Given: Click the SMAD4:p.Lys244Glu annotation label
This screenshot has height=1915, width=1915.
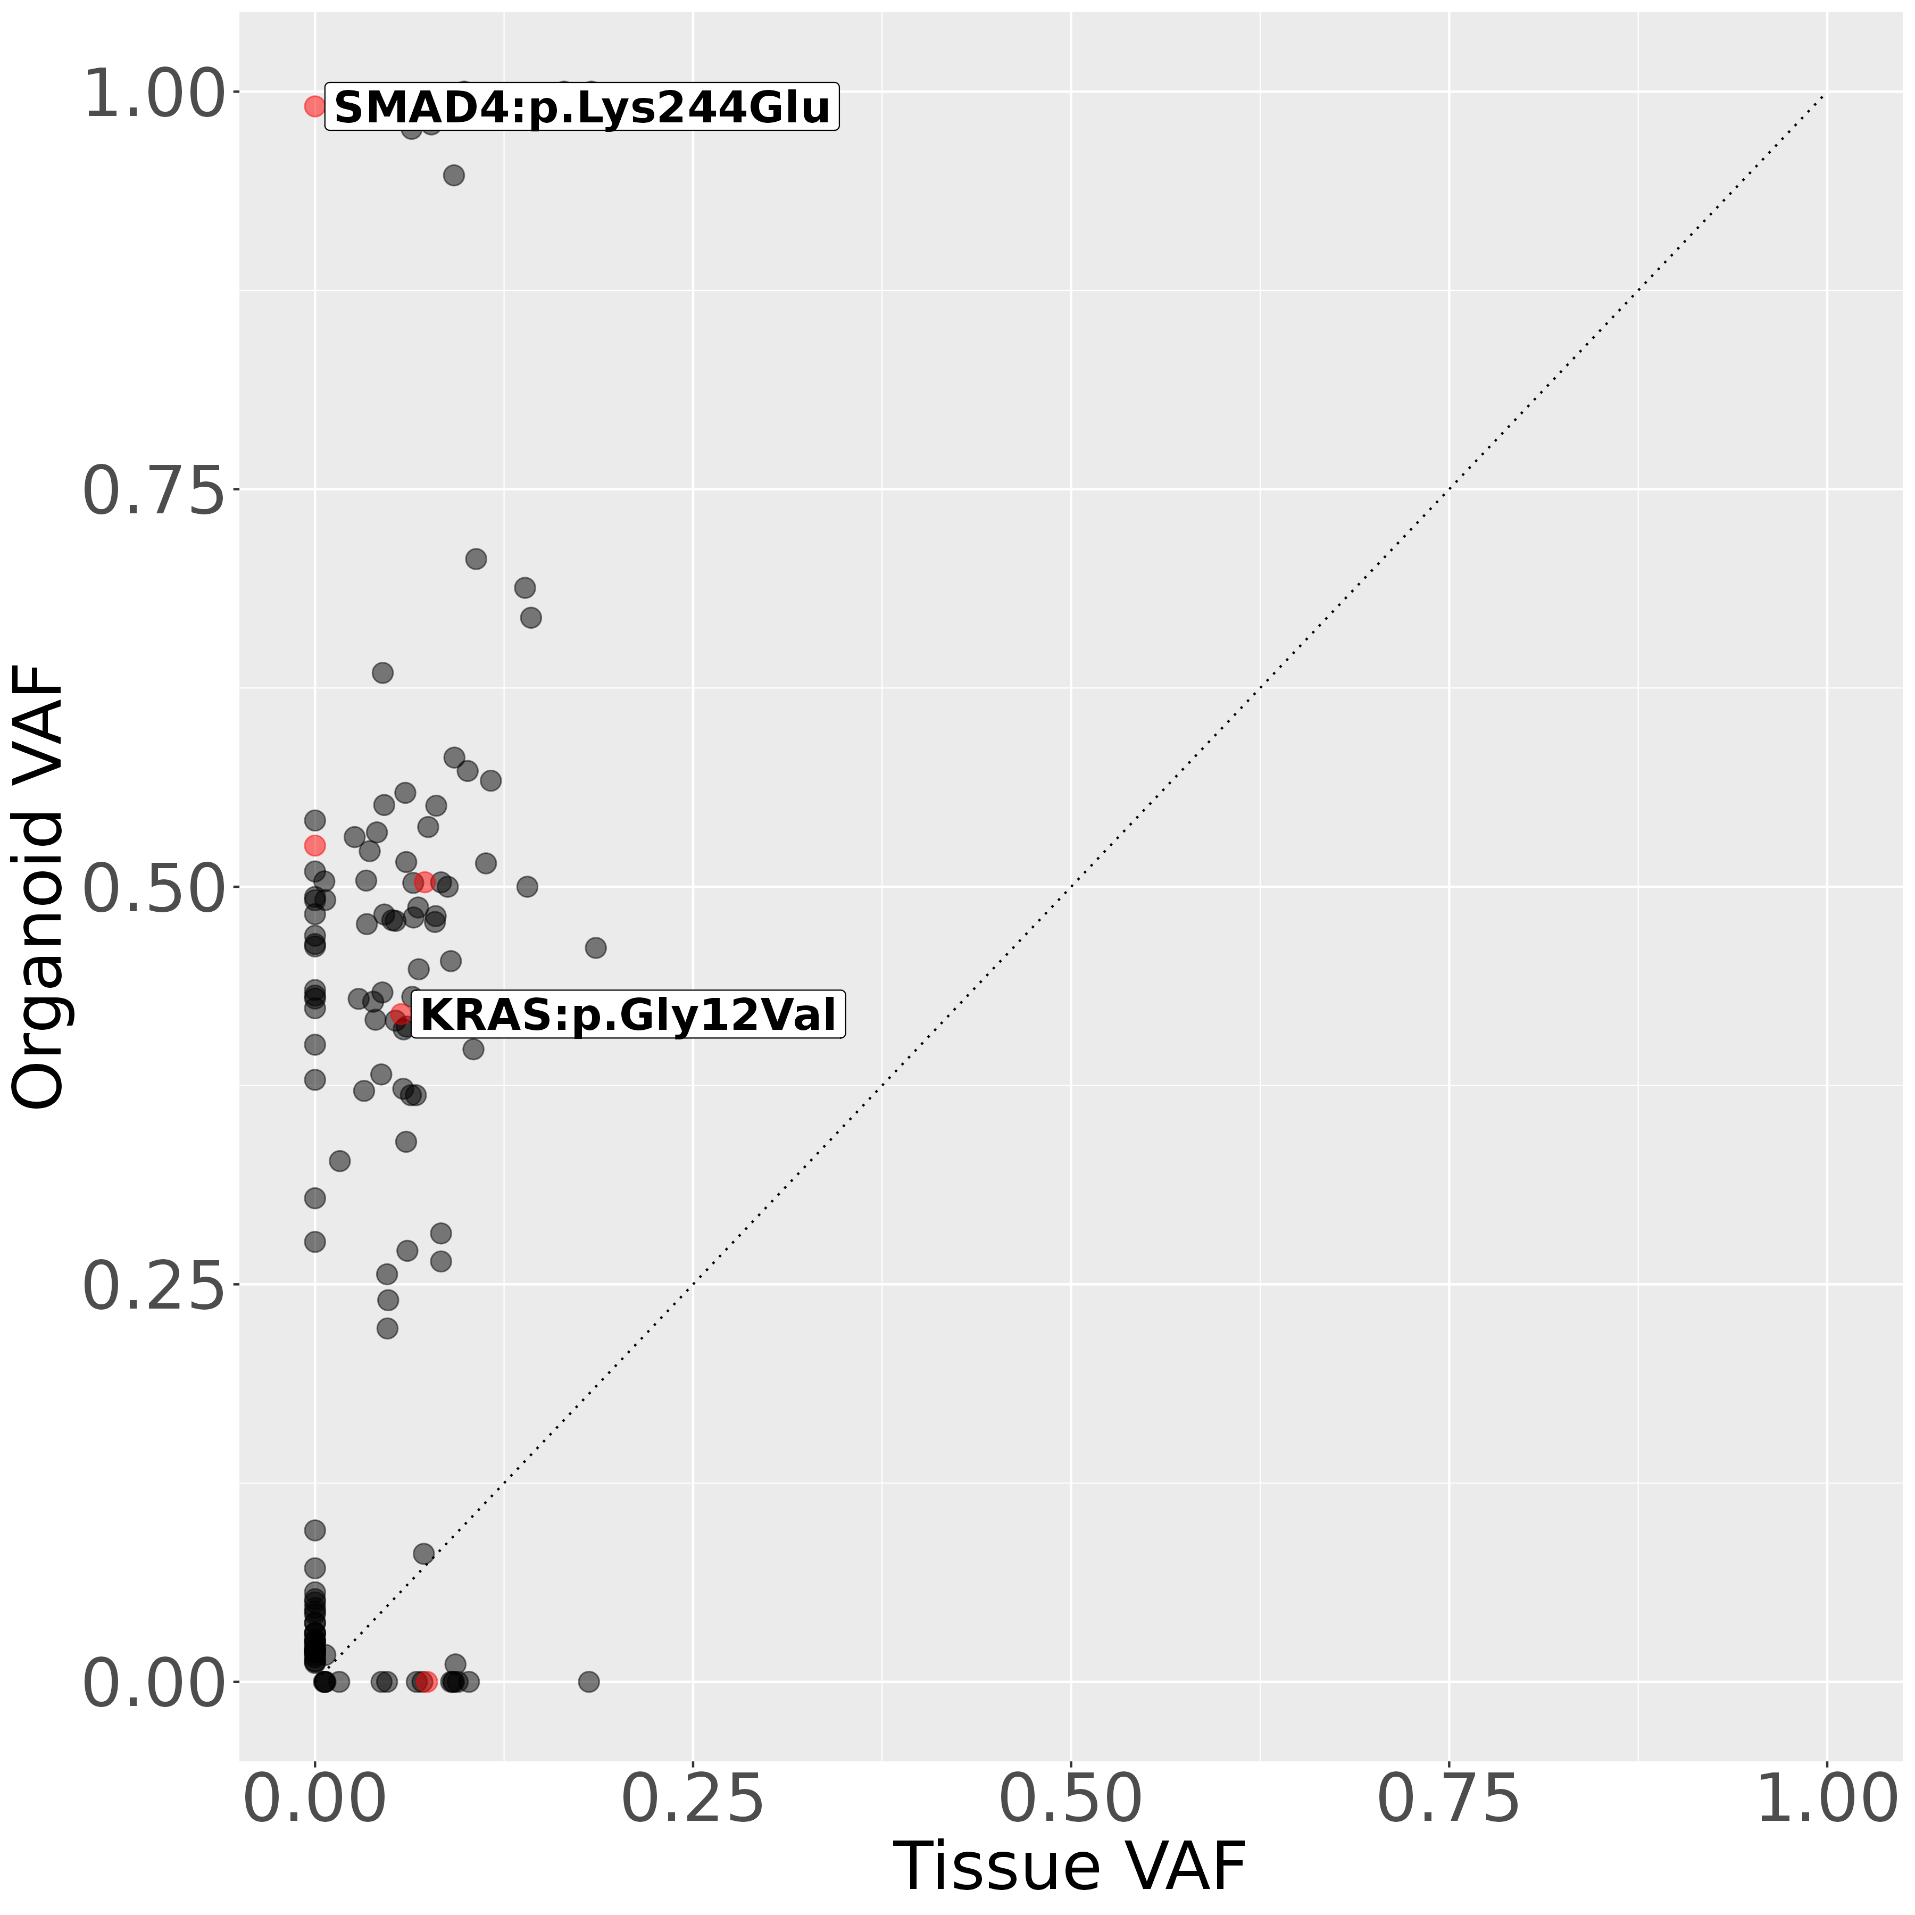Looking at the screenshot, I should (582, 107).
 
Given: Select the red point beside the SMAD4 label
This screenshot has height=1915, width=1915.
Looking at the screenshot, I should (315, 106).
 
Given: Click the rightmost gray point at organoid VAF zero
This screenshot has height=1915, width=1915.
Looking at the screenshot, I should (589, 1681).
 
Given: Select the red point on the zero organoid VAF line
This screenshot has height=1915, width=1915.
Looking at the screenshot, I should (426, 1681).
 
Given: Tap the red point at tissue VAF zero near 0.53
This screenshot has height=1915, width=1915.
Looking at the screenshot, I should (315, 845).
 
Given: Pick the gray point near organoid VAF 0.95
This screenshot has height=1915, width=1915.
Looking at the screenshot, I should (454, 176).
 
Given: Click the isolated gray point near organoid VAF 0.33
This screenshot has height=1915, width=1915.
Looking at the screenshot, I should (340, 1161).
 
